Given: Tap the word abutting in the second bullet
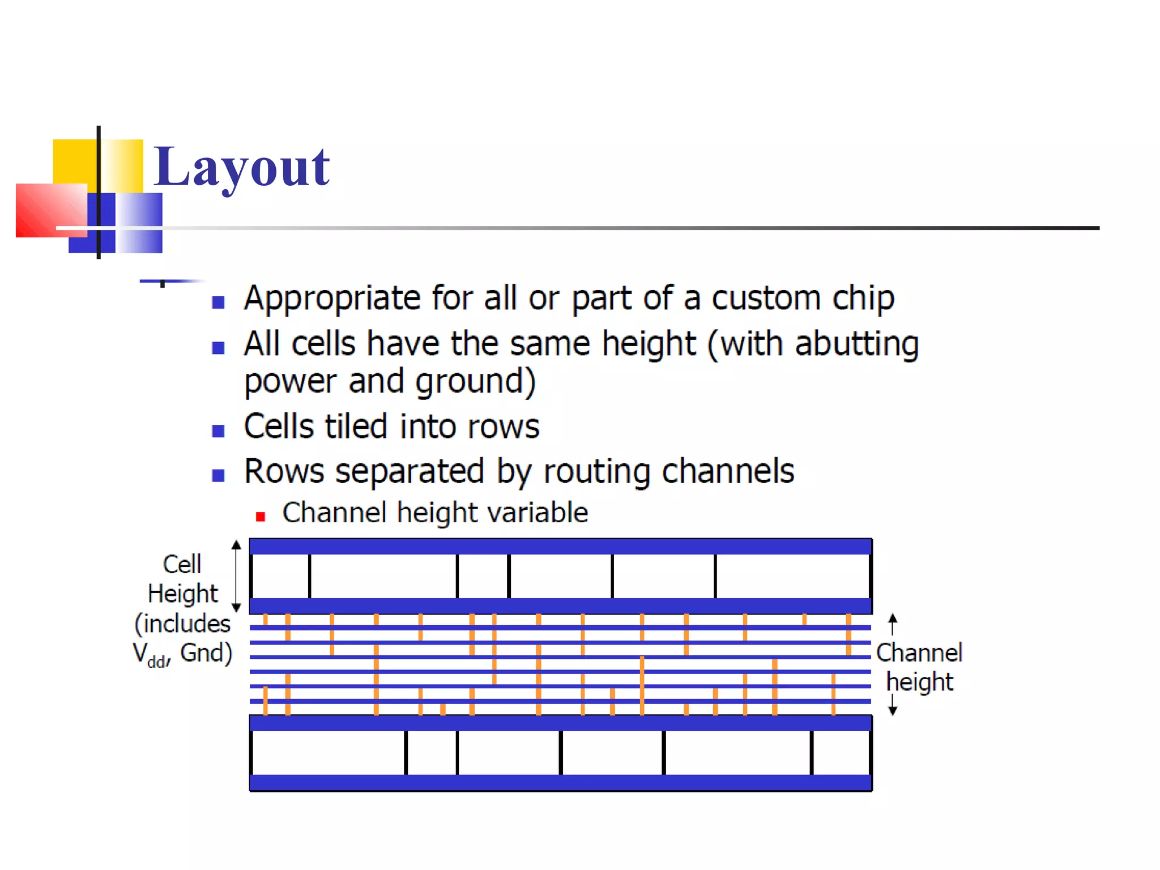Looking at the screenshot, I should pyautogui.click(x=856, y=344).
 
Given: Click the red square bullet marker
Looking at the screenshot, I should pyautogui.click(x=261, y=516).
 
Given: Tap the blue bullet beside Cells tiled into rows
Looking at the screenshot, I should pyautogui.click(x=218, y=431).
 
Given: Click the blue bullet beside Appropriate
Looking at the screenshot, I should pyautogui.click(x=218, y=302).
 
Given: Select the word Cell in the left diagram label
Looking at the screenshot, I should pyautogui.click(x=182, y=564).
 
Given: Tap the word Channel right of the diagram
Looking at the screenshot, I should pyautogui.click(x=919, y=652).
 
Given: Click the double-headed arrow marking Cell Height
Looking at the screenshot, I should pyautogui.click(x=237, y=575).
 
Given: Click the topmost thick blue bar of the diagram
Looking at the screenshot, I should pyautogui.click(x=560, y=547).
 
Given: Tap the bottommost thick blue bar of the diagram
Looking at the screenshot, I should pyautogui.click(x=560, y=783).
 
